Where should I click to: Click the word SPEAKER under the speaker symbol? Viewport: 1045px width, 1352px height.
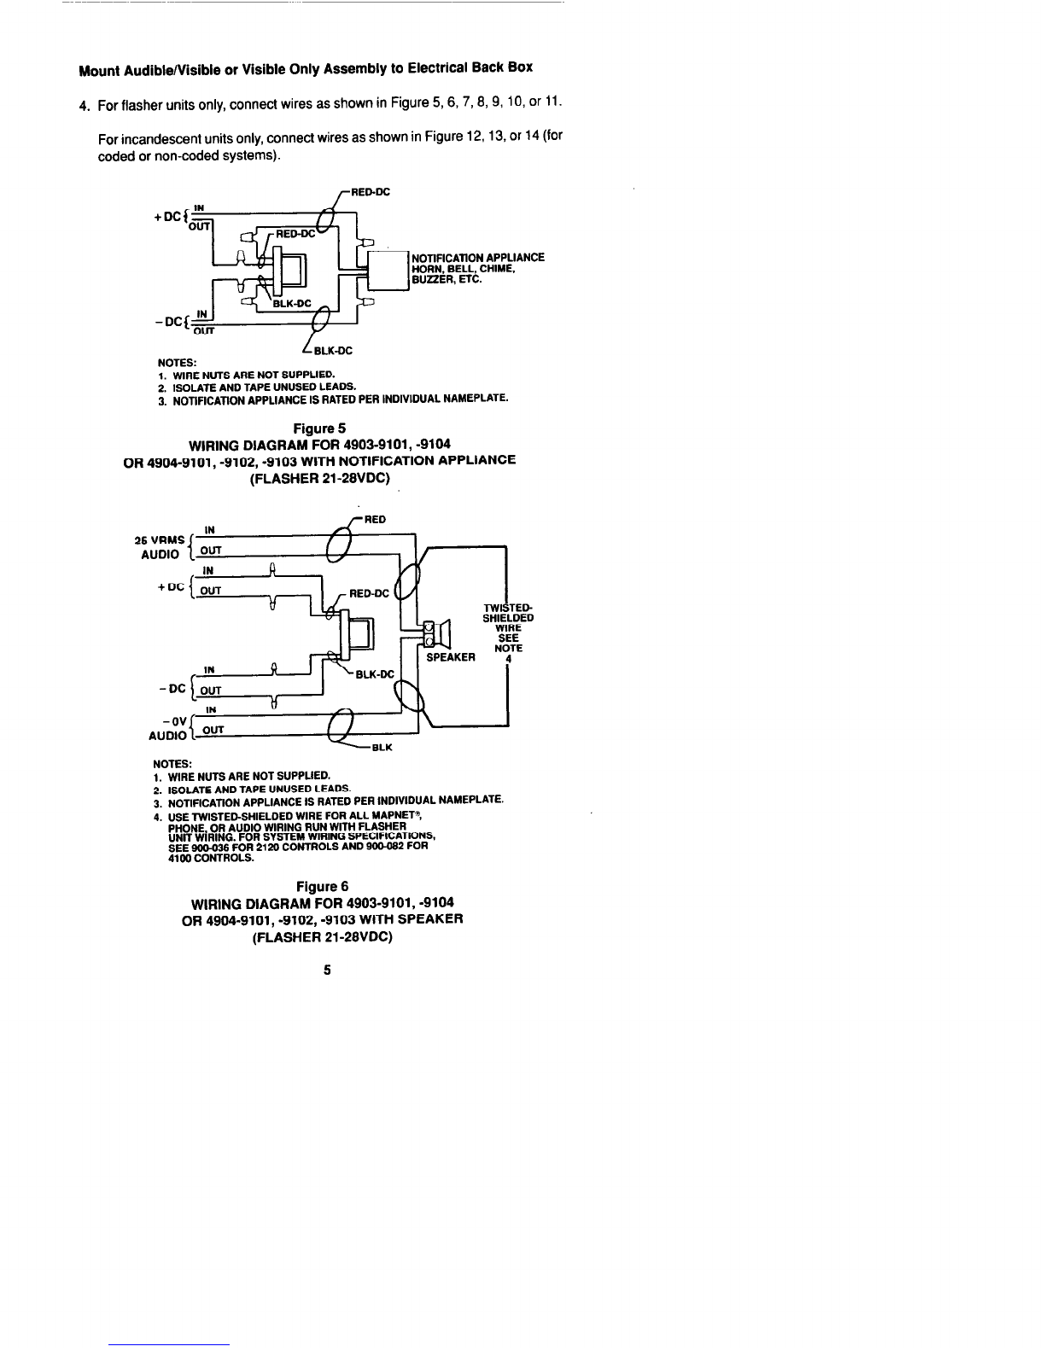[450, 656]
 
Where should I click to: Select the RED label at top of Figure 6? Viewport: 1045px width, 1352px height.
[375, 519]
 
